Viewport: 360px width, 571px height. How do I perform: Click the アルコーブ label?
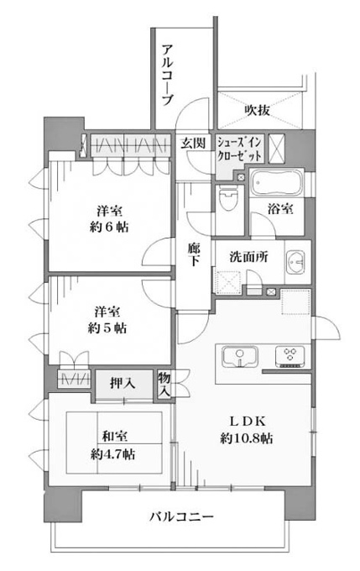[167, 74]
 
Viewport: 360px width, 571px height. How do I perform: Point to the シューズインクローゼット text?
[239, 149]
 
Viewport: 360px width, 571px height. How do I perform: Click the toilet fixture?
[229, 199]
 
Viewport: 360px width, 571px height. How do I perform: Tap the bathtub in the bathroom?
[277, 181]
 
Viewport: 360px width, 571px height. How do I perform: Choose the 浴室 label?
[280, 208]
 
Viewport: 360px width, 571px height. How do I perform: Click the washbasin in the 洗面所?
[295, 261]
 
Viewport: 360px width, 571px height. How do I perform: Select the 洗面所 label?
[248, 257]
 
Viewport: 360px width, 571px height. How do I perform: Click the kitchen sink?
[240, 357]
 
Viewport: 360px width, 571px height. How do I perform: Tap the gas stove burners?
[290, 356]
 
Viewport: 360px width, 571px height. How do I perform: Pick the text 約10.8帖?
[247, 438]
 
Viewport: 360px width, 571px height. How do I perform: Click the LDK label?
[248, 422]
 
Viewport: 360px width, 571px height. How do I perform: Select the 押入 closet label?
[123, 383]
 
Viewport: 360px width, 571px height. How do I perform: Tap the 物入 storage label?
[164, 385]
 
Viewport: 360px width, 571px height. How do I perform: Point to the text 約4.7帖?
[112, 453]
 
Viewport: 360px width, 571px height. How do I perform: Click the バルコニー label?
[181, 516]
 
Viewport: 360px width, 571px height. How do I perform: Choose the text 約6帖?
[109, 228]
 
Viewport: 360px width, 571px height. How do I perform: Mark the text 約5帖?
[107, 328]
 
